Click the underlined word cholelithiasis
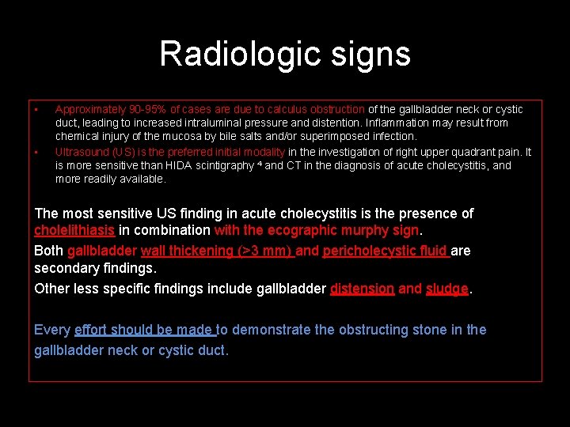(x=75, y=231)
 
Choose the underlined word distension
(x=362, y=289)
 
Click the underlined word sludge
(x=447, y=289)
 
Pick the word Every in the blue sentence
(x=52, y=330)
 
